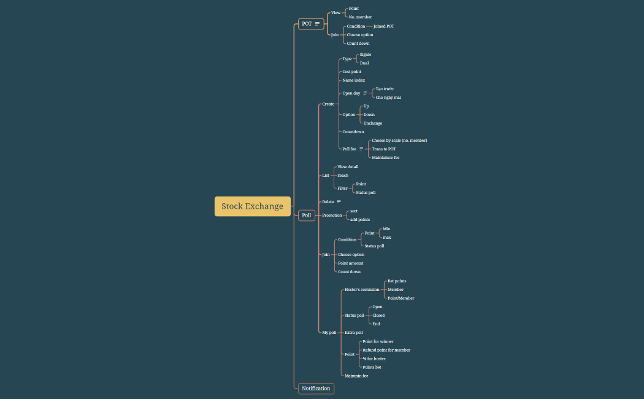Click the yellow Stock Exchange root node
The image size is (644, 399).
(x=252, y=206)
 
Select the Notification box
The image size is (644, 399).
(x=316, y=388)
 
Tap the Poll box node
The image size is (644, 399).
(x=307, y=215)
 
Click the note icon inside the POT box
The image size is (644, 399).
(x=317, y=24)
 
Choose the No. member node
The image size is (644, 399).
(x=360, y=17)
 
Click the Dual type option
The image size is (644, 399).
(x=364, y=63)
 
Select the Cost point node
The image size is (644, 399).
(x=351, y=72)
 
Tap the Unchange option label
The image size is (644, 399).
(x=372, y=123)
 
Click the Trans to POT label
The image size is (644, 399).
(x=384, y=149)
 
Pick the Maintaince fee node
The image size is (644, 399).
(x=385, y=158)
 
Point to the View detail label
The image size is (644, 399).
(x=348, y=167)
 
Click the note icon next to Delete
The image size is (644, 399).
(x=339, y=202)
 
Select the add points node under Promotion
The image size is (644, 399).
(x=360, y=219)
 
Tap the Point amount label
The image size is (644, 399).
(x=350, y=263)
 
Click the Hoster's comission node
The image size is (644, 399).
(x=362, y=290)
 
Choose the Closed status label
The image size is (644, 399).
(x=378, y=316)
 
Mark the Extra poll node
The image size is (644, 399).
(x=353, y=333)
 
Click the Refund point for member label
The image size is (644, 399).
(x=386, y=351)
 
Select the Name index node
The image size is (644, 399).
(x=353, y=80)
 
